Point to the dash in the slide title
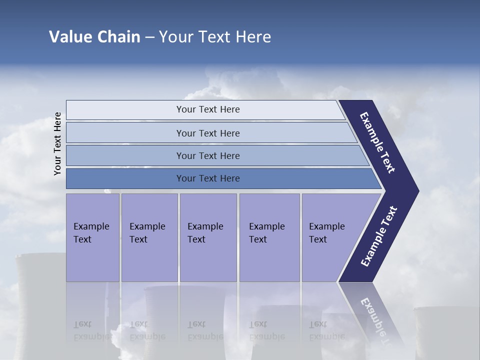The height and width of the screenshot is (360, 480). click(149, 37)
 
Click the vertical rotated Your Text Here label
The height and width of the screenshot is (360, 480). click(57, 144)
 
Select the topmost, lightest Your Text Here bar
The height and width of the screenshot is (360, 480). click(208, 109)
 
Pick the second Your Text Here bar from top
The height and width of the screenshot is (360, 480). click(208, 133)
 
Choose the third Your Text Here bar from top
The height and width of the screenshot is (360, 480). click(208, 155)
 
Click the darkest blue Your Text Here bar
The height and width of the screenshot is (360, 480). click(208, 178)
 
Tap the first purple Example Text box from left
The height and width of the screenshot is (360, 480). click(92, 237)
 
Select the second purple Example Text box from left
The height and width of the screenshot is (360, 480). click(149, 237)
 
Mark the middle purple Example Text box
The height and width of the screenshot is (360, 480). click(208, 237)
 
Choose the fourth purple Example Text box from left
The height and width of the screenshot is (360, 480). click(269, 237)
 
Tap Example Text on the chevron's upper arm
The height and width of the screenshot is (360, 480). click(378, 142)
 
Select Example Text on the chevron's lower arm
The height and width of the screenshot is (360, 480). click(379, 236)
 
